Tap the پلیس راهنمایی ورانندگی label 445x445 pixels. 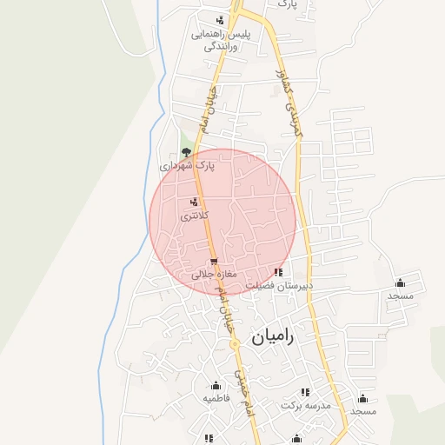[221, 40]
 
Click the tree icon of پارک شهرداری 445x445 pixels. [186, 150]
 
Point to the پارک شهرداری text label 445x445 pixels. [187, 164]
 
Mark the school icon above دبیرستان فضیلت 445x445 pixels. [278, 272]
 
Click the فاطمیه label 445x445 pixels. [216, 398]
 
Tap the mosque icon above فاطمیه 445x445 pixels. [216, 385]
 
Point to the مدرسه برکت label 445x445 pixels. [306, 405]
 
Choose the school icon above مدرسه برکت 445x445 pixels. [304, 392]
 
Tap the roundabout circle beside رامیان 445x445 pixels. [234, 344]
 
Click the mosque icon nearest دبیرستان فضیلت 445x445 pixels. [400, 282]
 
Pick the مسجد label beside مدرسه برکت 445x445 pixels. [363, 410]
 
